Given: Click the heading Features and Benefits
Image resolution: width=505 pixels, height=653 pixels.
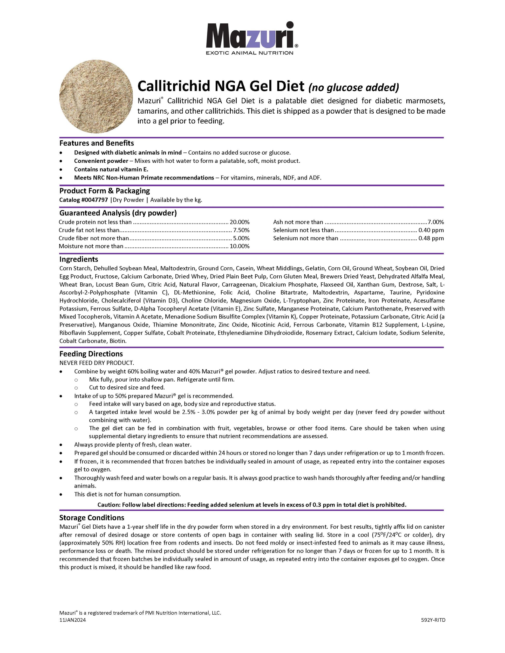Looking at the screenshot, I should pos(97,143).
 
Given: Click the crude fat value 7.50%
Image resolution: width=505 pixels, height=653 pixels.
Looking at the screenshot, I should pos(241,230).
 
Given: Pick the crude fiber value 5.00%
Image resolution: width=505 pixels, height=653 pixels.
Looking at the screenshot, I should pos(241,238).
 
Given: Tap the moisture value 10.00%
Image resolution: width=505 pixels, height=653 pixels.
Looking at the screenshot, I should pos(239,246).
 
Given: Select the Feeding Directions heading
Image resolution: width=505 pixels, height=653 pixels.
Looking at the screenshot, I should pos(91,354).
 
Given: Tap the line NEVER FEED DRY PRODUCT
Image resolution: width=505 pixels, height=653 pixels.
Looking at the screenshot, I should pos(97,363).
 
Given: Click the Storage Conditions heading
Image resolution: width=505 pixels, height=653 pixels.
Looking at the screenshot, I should pos(92,518).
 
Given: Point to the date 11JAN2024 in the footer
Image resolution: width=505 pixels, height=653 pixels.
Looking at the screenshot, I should pos(72,620).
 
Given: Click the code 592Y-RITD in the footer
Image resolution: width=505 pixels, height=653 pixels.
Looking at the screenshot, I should pos(433,620).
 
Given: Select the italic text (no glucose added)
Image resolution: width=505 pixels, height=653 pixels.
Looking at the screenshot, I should pos(354,87).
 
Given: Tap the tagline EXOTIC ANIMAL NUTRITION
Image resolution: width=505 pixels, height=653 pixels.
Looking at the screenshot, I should pos(249,53).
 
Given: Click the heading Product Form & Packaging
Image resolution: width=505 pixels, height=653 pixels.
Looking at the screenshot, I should pos(104,191).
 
